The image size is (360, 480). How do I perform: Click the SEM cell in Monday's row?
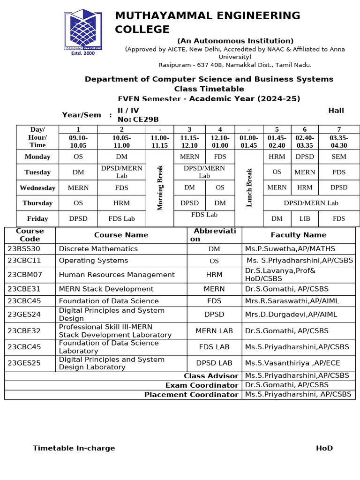point(339,157)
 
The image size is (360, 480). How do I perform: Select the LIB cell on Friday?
point(305,218)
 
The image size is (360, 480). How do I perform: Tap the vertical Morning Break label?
point(160,187)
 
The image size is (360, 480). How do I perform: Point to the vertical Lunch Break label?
point(249,187)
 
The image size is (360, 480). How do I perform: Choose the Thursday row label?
point(37,203)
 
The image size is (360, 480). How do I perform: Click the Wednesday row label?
point(37,187)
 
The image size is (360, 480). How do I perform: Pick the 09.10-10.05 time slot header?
point(78,141)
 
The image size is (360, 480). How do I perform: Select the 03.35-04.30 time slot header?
point(339,141)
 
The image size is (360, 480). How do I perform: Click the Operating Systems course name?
point(93,261)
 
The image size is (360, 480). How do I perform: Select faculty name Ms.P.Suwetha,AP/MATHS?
point(290,249)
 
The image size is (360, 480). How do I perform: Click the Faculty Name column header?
point(298,235)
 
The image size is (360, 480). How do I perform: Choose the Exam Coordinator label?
point(202,385)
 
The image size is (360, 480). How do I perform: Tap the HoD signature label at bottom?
point(324,448)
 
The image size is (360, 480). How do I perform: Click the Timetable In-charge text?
point(74,448)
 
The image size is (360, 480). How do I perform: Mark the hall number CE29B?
point(146,120)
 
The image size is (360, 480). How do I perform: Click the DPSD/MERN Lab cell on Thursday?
point(311,203)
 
